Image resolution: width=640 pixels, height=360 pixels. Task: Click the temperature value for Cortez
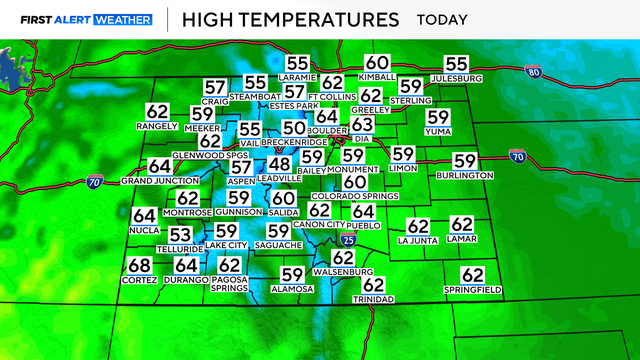140,265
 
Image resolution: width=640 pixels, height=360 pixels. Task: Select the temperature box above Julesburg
456,63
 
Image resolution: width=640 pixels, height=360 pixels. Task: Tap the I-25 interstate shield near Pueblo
346,240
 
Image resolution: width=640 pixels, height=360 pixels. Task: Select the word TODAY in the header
445,19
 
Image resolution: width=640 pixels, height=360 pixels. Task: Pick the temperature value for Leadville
279,164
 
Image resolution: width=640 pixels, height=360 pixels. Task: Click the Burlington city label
464,175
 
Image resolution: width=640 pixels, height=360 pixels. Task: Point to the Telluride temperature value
180,234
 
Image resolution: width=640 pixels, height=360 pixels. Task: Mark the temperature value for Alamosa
292,274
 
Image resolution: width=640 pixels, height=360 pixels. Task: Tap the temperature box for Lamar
462,226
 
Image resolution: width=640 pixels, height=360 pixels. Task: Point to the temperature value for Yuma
439,116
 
